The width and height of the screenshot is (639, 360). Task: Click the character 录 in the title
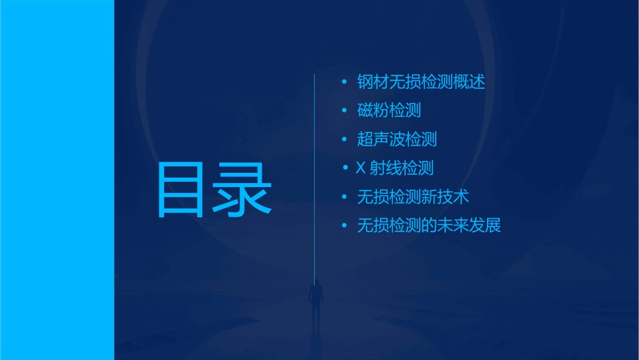[x=243, y=190]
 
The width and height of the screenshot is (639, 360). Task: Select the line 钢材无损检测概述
[x=421, y=82]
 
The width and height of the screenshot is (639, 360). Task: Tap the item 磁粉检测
[x=389, y=110]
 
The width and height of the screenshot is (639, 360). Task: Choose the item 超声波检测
[x=397, y=139]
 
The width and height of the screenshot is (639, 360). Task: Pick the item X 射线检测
[x=396, y=168]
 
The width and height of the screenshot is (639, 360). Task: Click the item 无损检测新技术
[x=413, y=196]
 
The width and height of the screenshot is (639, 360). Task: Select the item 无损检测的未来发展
[x=429, y=225]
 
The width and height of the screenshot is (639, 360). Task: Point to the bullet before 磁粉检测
[x=344, y=111]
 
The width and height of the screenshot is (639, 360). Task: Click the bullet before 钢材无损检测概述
[x=344, y=83]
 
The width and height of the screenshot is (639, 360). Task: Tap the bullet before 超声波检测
[x=344, y=140]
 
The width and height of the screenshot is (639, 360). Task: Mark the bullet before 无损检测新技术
[x=344, y=197]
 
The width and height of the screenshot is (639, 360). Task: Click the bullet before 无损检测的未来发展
[x=344, y=226]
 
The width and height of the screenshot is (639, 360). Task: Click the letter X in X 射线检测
[x=361, y=168]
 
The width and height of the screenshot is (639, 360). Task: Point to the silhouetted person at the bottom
[x=315, y=300]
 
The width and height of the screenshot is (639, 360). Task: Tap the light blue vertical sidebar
[x=57, y=180]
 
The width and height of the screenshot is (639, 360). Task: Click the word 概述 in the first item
[x=469, y=82]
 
